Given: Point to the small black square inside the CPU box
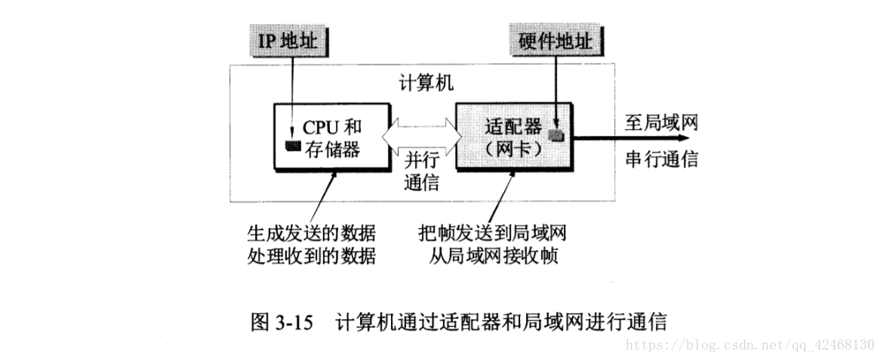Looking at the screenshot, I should tap(289, 146).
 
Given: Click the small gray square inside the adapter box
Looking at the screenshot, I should tap(556, 135).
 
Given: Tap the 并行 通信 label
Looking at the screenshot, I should tap(421, 171).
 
